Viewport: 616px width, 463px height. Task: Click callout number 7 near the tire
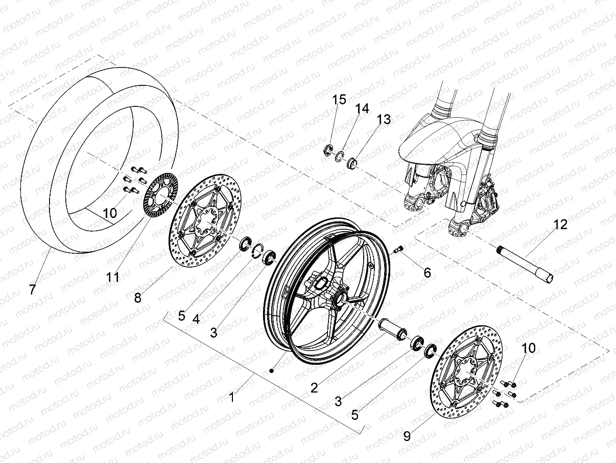[32, 290]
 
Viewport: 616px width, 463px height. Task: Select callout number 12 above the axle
[561, 225]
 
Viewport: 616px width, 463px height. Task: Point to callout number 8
[138, 297]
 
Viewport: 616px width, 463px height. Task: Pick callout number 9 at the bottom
[407, 436]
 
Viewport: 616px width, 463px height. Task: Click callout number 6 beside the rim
[427, 273]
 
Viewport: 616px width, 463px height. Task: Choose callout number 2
[314, 387]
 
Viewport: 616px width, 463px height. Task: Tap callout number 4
[196, 319]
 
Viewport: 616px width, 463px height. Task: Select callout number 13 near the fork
[384, 120]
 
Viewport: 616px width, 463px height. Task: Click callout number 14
[362, 109]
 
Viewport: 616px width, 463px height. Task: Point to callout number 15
[340, 100]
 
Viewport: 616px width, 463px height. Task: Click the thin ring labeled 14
[340, 157]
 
